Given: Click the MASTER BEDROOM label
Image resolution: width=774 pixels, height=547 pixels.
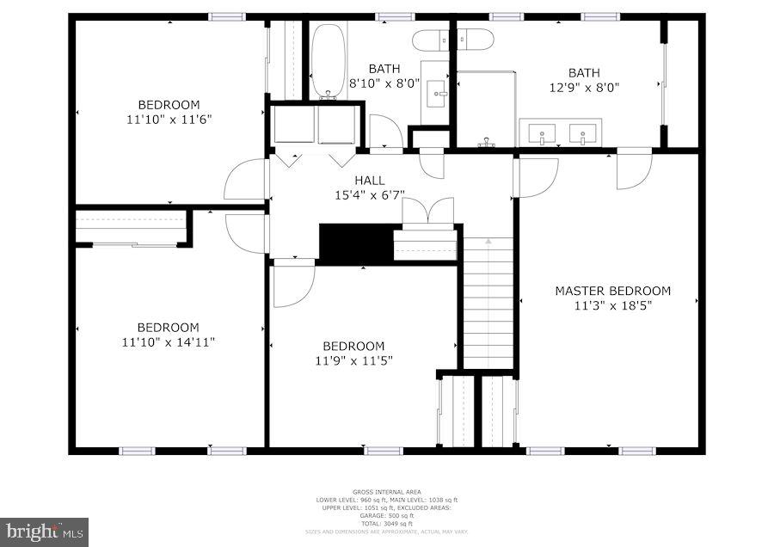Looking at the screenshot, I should [612, 291].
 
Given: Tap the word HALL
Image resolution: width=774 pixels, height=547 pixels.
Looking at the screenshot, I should [370, 180].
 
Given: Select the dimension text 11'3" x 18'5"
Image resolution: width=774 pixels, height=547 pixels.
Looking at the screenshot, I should [612, 305].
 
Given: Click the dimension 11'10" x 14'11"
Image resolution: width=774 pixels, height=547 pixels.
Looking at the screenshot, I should [169, 341].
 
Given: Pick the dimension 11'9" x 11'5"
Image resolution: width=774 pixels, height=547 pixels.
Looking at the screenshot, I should [353, 360].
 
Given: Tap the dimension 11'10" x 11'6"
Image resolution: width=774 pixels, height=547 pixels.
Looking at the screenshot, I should [169, 120].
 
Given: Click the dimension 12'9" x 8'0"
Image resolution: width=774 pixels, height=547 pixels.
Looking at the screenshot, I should [585, 87].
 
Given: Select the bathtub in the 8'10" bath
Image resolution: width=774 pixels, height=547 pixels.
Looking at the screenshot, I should [328, 60].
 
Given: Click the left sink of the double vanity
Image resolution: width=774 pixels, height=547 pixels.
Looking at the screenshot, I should [542, 133].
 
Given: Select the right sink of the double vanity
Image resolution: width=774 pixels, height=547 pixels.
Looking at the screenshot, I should [583, 133].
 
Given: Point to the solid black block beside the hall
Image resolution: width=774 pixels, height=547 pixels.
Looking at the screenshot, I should [356, 243].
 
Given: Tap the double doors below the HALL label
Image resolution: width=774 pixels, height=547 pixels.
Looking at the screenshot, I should [427, 212].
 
